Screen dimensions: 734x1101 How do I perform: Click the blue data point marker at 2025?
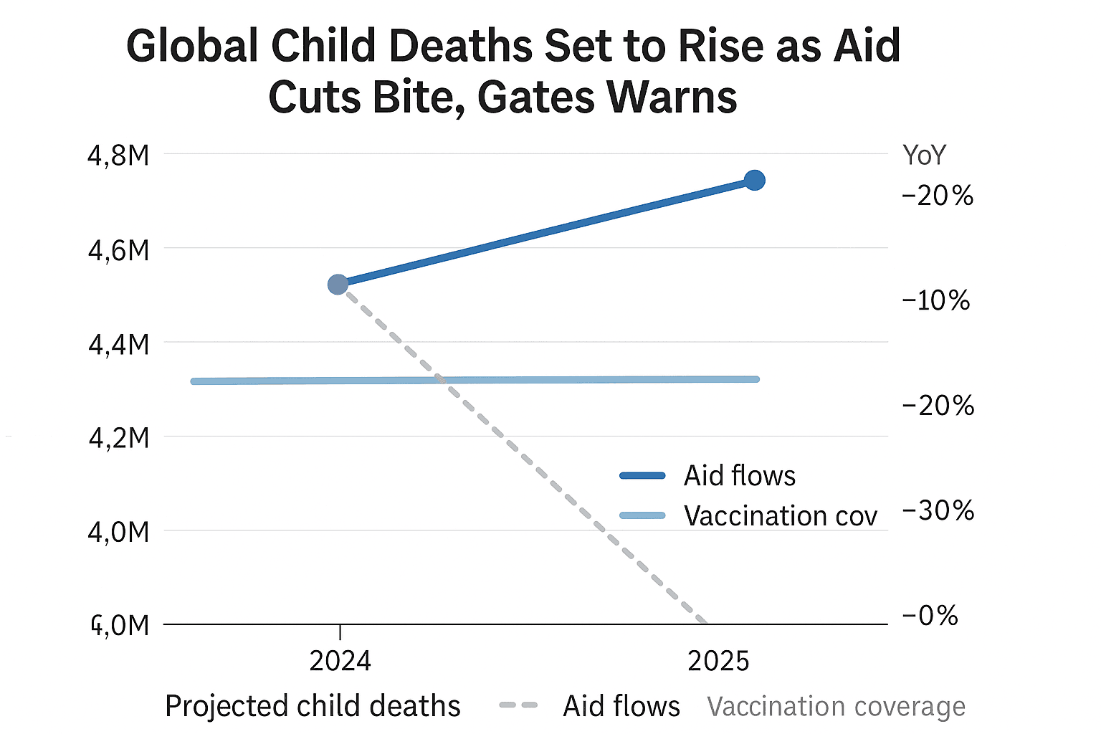click(754, 180)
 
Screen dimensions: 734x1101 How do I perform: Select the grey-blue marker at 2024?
click(338, 285)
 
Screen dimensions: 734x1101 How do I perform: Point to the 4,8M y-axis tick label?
click(118, 155)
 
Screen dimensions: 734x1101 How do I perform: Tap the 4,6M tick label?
click(118, 250)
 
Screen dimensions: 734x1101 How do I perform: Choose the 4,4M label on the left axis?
click(118, 345)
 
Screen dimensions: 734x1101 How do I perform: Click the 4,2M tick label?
click(118, 437)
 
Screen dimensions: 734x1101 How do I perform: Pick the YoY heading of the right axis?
click(924, 155)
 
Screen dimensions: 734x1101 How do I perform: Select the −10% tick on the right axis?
click(936, 300)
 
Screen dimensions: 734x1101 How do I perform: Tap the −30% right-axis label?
click(938, 510)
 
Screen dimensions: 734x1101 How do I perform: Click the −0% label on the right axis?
click(930, 616)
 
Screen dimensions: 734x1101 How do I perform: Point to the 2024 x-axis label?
click(340, 661)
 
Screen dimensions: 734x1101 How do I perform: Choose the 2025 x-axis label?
click(718, 661)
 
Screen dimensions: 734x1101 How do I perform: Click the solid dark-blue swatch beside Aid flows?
click(642, 475)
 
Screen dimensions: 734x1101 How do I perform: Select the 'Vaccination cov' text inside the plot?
click(780, 515)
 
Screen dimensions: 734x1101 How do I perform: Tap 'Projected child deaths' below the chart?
click(313, 706)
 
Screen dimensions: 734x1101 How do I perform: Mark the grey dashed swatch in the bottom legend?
click(518, 705)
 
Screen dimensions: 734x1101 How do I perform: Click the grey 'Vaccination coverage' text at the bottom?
click(836, 707)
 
